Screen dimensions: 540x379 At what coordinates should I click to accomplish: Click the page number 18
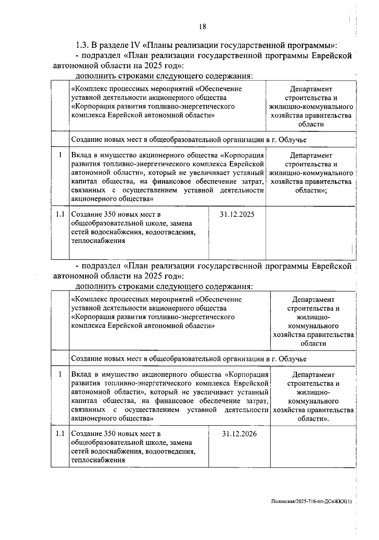[x=202, y=27]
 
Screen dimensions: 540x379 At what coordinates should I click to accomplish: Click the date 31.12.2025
[x=237, y=215]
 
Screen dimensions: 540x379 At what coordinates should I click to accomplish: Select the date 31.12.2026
[x=239, y=434]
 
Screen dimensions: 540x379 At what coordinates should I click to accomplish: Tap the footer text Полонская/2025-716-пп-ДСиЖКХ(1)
[x=311, y=501]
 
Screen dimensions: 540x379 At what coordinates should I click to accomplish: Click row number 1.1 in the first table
[x=60, y=215]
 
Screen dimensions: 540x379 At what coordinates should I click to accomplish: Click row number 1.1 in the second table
[x=60, y=434]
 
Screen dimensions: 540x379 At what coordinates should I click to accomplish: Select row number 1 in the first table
[x=60, y=156]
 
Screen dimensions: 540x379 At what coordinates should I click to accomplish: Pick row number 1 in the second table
[x=60, y=375]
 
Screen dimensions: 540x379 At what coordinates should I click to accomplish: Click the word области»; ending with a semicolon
[x=311, y=191]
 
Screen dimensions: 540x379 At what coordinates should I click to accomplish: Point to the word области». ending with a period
[x=313, y=419]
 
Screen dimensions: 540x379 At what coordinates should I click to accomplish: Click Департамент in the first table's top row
[x=311, y=89]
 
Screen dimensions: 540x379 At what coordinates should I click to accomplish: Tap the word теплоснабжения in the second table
[x=98, y=460]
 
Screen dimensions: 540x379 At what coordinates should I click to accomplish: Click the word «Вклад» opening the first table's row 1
[x=81, y=156]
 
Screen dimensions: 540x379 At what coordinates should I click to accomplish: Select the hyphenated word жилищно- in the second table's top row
[x=313, y=317]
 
